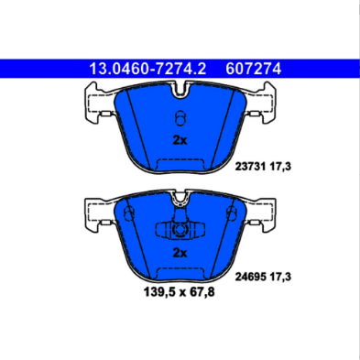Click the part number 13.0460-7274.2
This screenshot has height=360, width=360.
(x=147, y=69)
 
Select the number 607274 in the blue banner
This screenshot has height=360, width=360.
(x=253, y=69)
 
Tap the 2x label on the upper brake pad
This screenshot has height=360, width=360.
(x=180, y=140)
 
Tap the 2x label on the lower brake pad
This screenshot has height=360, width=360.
(x=180, y=253)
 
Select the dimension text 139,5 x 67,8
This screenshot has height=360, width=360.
(x=180, y=292)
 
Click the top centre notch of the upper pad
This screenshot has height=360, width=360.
(x=180, y=91)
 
